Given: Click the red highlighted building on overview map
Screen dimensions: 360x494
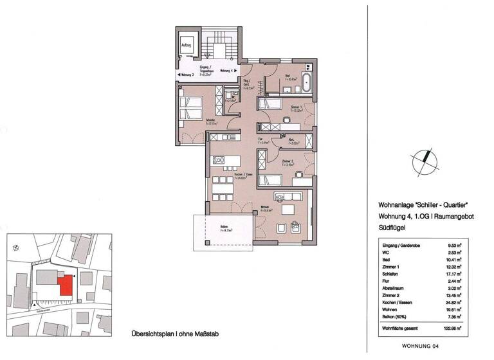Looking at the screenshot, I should [65, 285].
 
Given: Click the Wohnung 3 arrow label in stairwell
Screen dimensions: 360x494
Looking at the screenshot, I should [188, 75].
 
